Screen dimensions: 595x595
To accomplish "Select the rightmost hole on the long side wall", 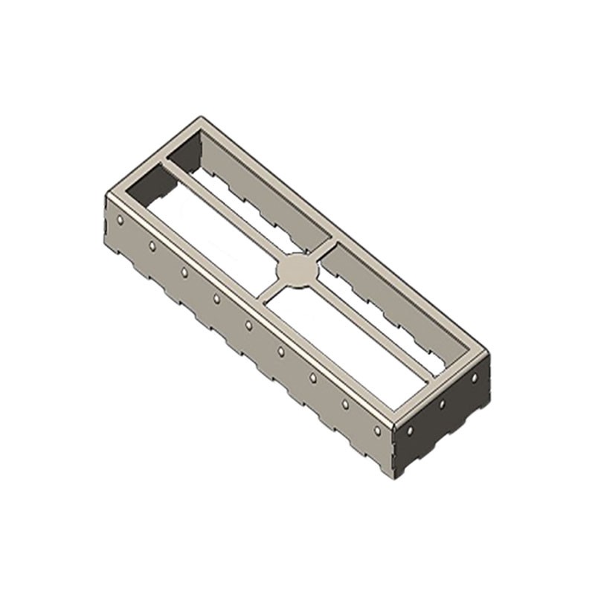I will [378, 431].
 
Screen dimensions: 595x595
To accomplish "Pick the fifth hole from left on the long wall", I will [248, 325].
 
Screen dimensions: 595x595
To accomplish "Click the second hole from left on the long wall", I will [152, 245].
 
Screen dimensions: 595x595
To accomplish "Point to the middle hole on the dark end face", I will [442, 404].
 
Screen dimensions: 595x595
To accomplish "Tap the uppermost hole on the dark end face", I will [474, 378].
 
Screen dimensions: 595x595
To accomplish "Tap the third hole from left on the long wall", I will [184, 272].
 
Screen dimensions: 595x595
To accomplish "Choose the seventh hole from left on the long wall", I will [313, 378].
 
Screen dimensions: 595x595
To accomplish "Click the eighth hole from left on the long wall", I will [345, 404].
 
